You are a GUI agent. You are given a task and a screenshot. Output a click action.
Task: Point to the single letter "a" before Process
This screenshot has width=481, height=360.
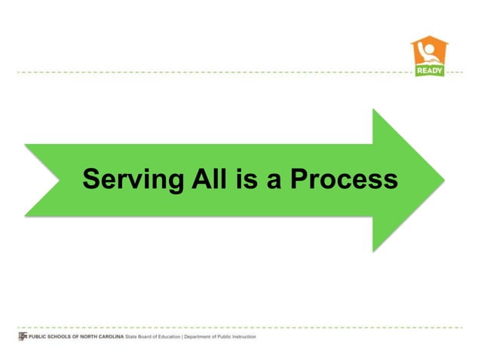pyautogui.click(x=268, y=181)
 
